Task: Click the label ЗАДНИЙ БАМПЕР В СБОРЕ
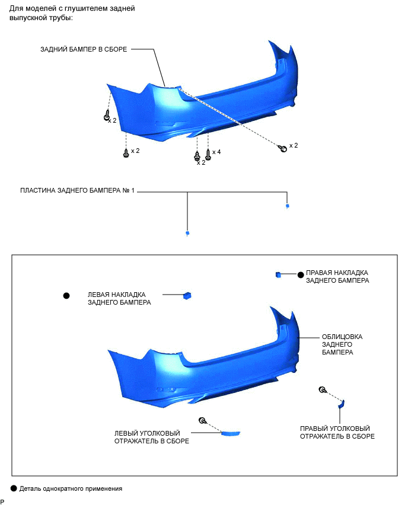click(84, 49)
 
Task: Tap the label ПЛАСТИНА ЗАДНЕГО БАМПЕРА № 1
click(78, 191)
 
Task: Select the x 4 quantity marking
click(216, 152)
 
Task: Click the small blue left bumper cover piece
click(187, 295)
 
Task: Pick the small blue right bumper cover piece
click(278, 274)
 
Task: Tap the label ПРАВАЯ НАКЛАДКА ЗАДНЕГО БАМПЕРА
click(337, 276)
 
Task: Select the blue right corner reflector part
click(341, 404)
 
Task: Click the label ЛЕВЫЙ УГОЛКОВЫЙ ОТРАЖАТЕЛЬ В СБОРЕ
click(152, 437)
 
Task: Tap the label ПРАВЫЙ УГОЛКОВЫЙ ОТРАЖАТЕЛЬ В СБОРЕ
click(337, 432)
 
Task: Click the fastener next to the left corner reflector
click(203, 420)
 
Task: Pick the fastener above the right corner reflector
click(322, 389)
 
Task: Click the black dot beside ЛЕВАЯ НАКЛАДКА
click(66, 295)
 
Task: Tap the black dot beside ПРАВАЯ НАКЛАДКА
click(301, 275)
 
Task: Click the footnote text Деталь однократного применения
click(71, 489)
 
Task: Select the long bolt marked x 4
click(208, 155)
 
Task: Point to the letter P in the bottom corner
click(2, 501)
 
